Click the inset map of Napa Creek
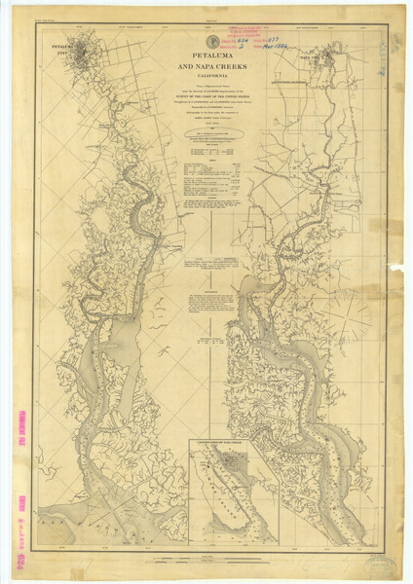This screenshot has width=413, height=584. coord(233,492)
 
